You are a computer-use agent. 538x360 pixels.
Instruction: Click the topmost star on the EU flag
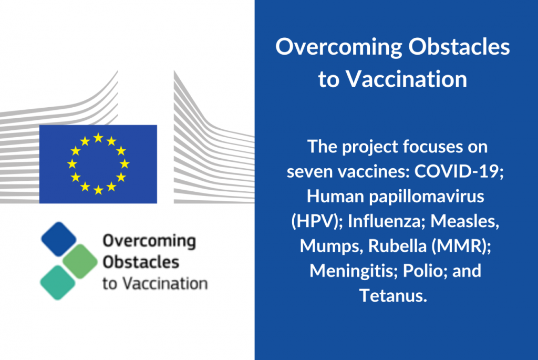point(98,138)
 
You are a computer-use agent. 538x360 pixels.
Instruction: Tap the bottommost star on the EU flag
point(98,190)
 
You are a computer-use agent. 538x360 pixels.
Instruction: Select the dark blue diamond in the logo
point(59,239)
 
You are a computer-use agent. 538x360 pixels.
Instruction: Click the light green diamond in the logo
point(80,261)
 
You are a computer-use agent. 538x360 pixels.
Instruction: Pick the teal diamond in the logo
point(58,283)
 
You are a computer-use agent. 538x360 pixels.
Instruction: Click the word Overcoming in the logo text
point(149,241)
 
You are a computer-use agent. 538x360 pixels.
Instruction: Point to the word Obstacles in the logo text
point(141,263)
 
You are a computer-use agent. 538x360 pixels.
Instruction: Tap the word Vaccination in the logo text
point(165,284)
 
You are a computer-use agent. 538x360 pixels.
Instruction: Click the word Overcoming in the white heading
point(339,47)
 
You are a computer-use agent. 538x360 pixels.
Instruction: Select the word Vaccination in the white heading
point(406,79)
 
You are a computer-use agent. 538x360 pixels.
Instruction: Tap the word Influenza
point(384,221)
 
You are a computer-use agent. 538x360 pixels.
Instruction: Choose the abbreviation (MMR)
point(461,246)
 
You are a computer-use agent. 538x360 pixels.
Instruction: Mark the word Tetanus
point(393,295)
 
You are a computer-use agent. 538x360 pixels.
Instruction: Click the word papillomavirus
point(427,197)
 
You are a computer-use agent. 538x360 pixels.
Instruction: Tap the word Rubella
point(397,245)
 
